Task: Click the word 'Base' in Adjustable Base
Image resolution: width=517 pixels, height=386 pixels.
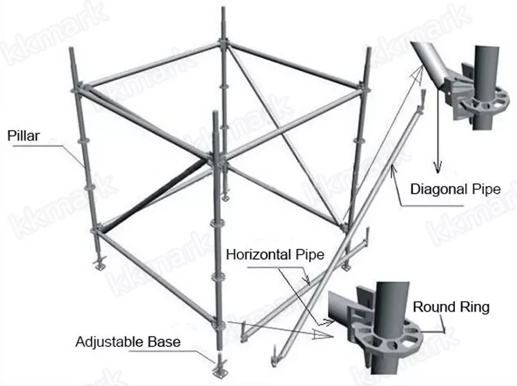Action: [167, 341]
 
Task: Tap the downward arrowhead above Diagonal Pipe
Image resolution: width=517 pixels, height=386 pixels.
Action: [436, 167]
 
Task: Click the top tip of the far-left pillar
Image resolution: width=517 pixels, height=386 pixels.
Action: [73, 48]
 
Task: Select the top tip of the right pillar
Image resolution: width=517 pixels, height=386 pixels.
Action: [368, 50]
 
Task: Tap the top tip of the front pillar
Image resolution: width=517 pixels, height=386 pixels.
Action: [216, 110]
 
